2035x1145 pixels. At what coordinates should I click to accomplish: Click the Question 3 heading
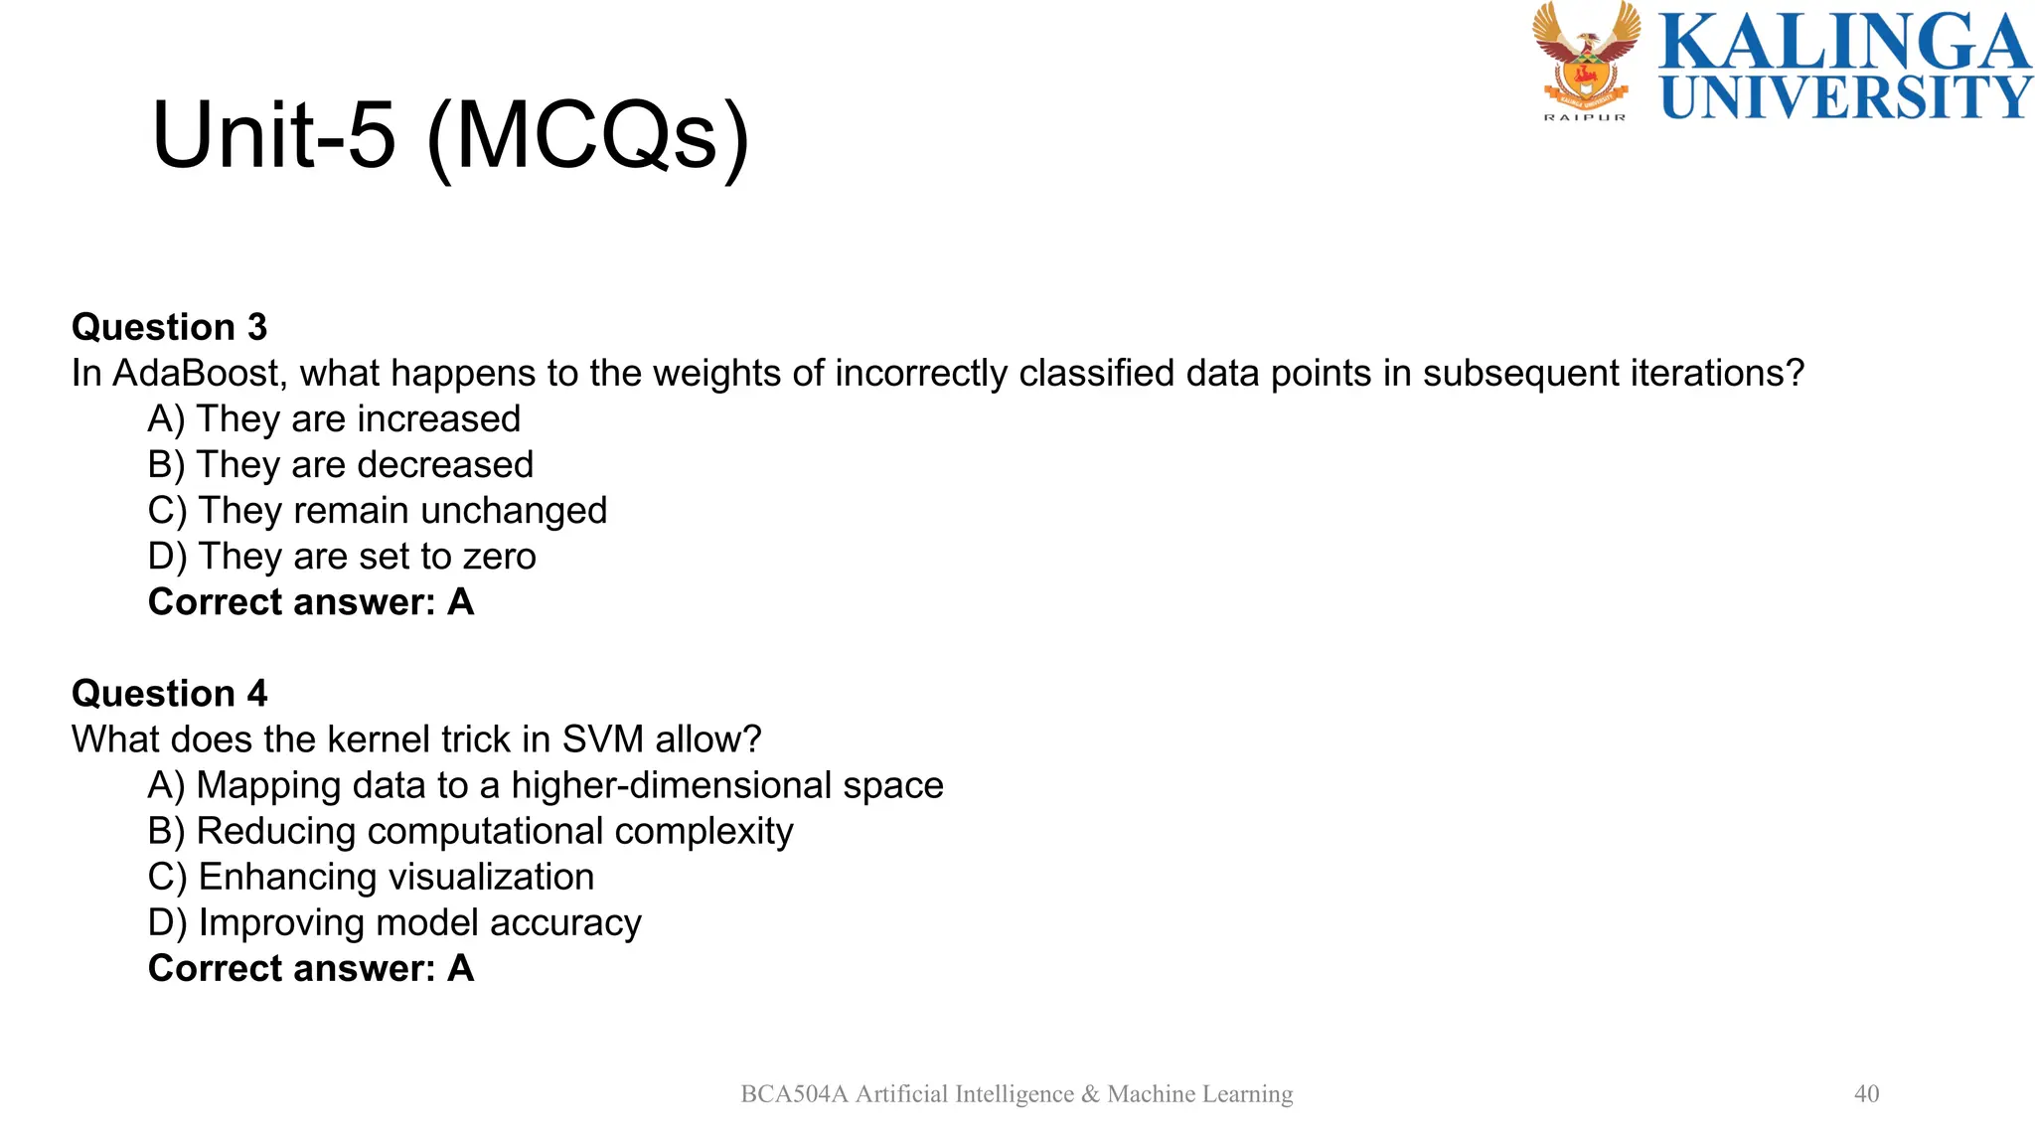169,327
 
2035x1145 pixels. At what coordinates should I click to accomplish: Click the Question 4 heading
169,693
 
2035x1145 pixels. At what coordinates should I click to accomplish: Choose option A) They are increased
334,419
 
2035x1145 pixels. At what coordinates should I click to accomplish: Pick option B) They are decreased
340,465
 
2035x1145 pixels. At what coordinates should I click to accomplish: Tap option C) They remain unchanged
377,511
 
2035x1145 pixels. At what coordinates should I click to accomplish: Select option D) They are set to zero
341,557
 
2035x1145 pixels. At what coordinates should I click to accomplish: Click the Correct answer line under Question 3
310,602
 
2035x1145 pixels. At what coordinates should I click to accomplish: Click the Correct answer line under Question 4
310,968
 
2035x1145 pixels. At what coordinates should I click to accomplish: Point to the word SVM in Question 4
602,739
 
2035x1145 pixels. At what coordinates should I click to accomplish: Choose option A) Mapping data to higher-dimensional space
545,785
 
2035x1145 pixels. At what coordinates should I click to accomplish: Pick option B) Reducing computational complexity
470,831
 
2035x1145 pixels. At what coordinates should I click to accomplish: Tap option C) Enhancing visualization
371,877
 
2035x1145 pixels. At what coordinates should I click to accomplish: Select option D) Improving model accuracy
394,922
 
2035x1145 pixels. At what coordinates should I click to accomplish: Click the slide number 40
1866,1093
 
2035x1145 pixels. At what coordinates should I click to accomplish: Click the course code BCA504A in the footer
794,1094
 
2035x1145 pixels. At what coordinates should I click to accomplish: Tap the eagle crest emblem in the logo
1585,58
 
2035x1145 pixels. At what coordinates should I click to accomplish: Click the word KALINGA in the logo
1844,42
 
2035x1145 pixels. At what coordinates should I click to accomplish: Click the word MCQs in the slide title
588,136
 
